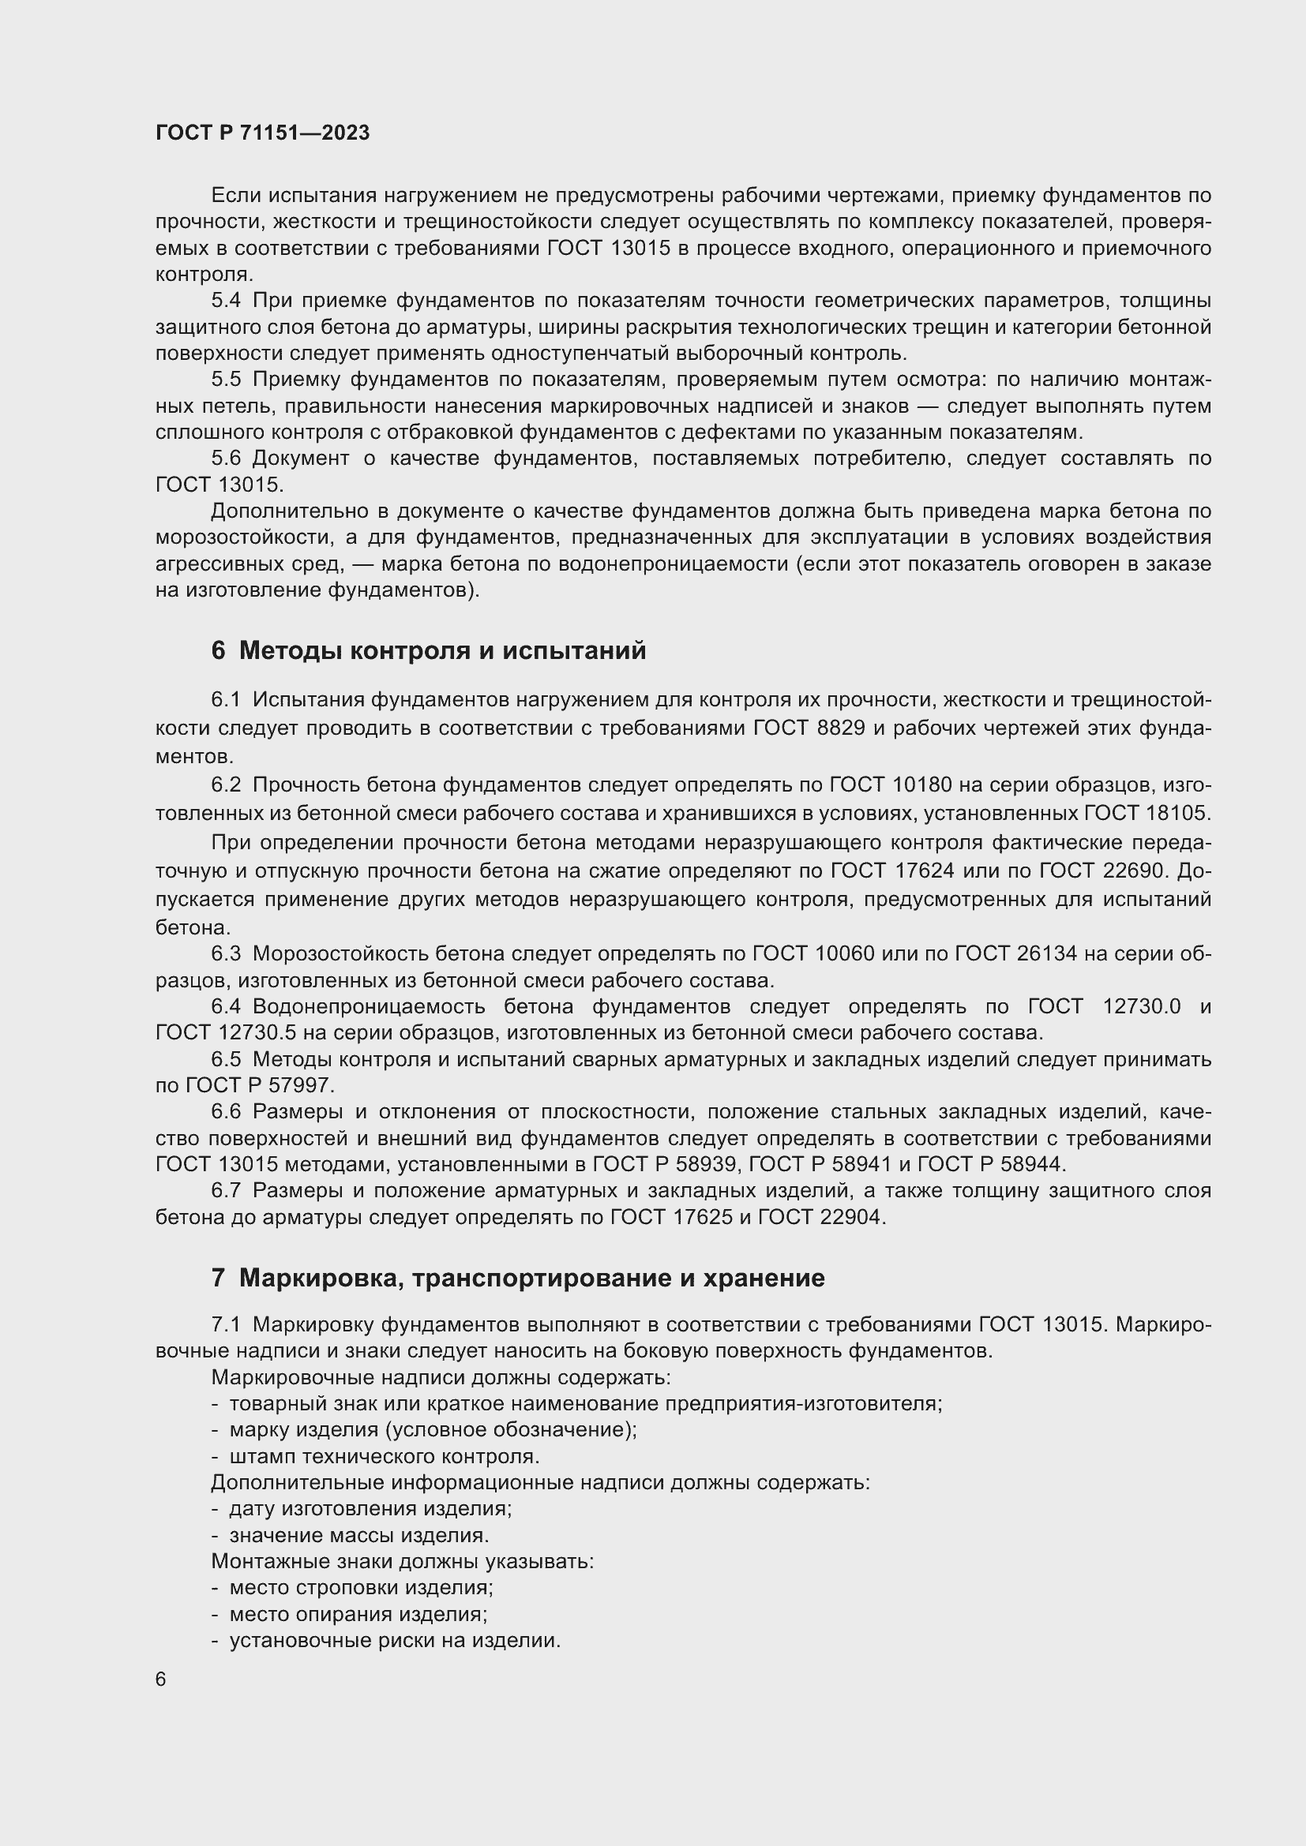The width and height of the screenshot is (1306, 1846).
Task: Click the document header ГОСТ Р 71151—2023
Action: (x=262, y=133)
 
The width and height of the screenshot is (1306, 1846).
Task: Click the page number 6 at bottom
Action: (x=161, y=1679)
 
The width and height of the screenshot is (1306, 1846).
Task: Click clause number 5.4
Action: (x=226, y=301)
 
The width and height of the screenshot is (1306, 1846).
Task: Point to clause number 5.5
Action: (x=226, y=380)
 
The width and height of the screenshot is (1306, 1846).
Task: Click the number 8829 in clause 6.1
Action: (x=841, y=728)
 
